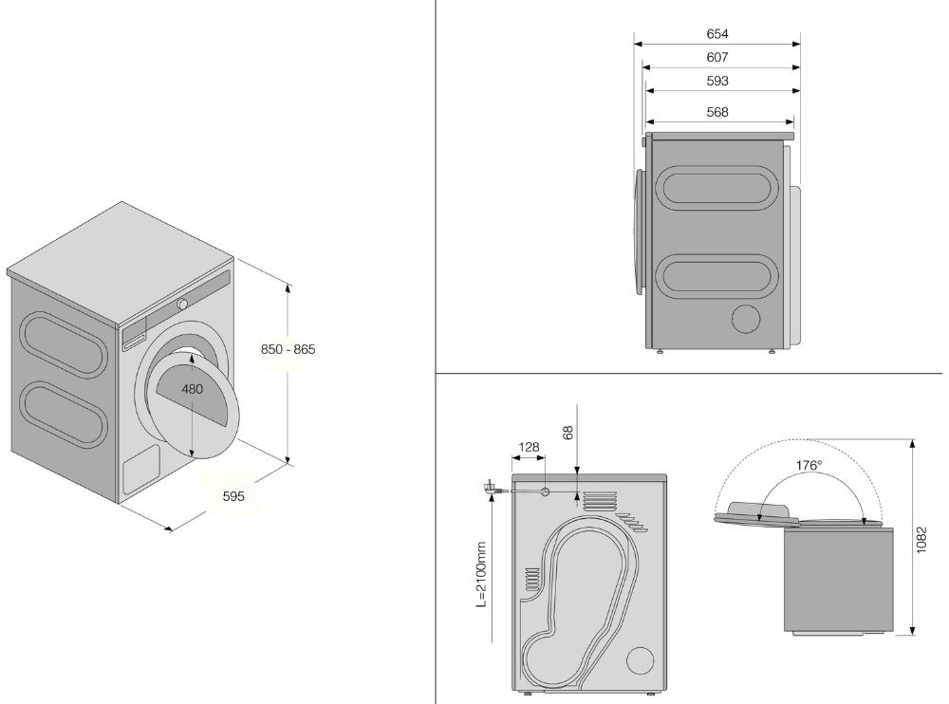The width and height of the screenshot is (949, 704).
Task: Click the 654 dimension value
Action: click(x=717, y=34)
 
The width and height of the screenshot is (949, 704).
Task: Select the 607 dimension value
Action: click(x=717, y=58)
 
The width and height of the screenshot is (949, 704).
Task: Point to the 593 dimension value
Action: click(x=717, y=81)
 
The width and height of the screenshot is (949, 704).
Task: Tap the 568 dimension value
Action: click(x=717, y=112)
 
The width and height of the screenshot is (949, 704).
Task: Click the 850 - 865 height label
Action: click(x=288, y=349)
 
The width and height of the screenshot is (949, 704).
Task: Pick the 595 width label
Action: click(x=233, y=496)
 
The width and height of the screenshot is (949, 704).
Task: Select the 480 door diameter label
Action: click(x=193, y=389)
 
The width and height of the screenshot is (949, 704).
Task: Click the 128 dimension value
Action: click(x=529, y=447)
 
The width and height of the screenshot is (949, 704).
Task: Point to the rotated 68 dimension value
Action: click(x=568, y=433)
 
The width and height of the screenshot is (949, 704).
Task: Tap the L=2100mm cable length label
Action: click(x=481, y=574)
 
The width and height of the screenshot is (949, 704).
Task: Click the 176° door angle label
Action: click(x=809, y=466)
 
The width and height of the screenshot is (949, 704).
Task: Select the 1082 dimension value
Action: click(x=921, y=540)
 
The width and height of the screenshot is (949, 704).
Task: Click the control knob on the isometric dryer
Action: click(x=182, y=305)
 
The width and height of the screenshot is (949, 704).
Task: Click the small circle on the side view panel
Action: click(x=746, y=319)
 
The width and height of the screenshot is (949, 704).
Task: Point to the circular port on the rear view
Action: click(x=640, y=660)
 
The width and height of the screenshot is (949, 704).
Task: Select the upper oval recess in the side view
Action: click(x=716, y=188)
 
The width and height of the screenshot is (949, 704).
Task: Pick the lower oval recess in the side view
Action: click(x=716, y=276)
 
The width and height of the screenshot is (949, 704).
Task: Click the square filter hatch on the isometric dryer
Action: click(x=141, y=470)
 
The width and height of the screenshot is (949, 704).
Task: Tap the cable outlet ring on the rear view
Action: click(x=545, y=492)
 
